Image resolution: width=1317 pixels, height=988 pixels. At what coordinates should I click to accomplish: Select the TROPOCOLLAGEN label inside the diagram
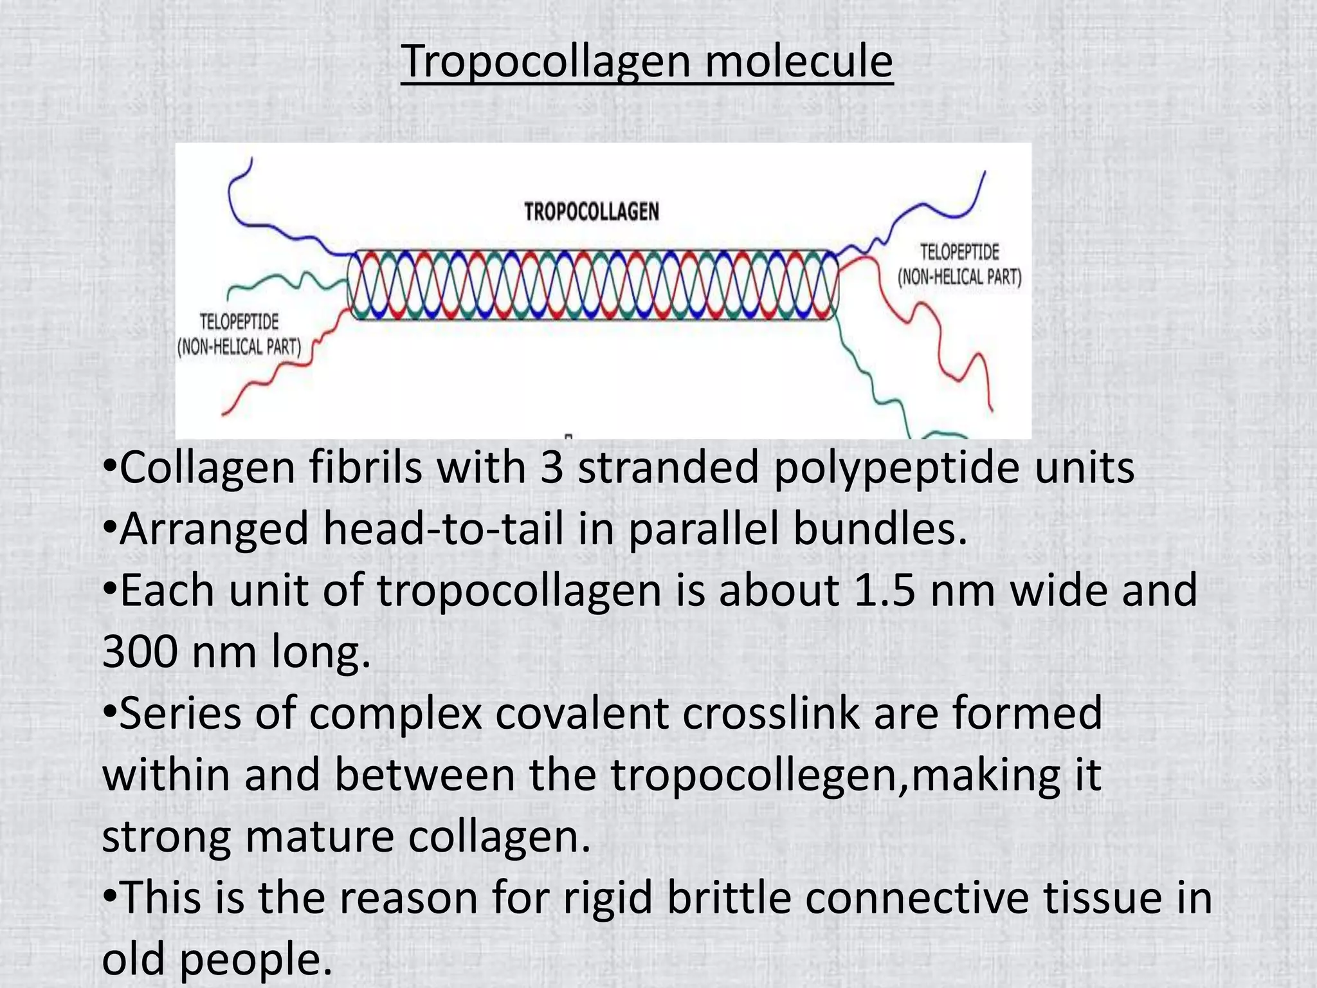(592, 212)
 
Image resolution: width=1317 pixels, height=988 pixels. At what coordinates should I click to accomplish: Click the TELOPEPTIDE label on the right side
(959, 252)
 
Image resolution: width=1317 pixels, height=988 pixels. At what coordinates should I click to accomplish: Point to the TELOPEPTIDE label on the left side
(239, 322)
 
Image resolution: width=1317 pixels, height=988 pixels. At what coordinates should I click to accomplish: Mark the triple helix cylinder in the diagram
(593, 285)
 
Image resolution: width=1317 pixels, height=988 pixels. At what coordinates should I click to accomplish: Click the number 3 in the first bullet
(552, 468)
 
